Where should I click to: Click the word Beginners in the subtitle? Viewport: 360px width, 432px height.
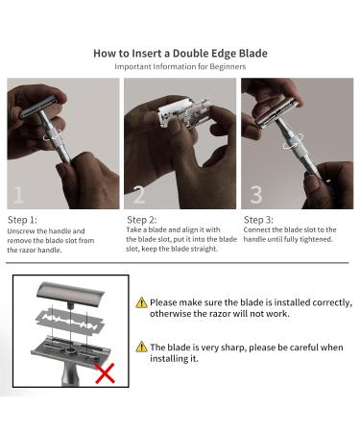[x=228, y=67]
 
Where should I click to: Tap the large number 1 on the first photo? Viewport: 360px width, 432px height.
[x=18, y=194]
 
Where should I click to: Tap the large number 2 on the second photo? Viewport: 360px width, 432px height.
[x=138, y=194]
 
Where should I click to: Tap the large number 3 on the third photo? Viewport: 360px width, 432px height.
[x=256, y=194]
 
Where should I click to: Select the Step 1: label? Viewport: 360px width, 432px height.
[x=22, y=220]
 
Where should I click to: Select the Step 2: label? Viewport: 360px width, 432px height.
[x=142, y=220]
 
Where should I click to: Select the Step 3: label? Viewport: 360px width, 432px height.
[x=258, y=220]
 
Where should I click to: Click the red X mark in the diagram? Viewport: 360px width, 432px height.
[x=105, y=373]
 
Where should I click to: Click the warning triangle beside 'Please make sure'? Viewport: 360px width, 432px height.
[x=141, y=302]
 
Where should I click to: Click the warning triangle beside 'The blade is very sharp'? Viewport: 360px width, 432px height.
[x=141, y=347]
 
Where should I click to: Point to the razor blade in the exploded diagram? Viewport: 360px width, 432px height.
[x=71, y=319]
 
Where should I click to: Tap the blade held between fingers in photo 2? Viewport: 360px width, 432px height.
[x=185, y=113]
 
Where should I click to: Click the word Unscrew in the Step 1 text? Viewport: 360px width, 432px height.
[x=20, y=231]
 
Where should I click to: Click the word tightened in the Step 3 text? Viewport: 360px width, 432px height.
[x=316, y=239]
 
